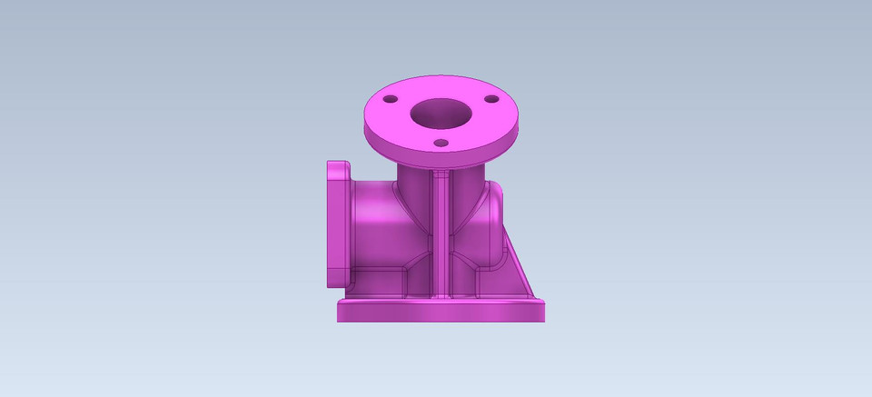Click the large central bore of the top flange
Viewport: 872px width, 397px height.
pos(441,115)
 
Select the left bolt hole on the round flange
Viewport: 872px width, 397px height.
pos(391,99)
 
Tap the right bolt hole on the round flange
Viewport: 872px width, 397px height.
pos(491,98)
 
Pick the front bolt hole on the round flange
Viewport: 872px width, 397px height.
pos(441,143)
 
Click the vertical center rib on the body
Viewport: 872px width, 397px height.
pos(441,236)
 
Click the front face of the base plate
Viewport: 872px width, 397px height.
pos(441,312)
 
